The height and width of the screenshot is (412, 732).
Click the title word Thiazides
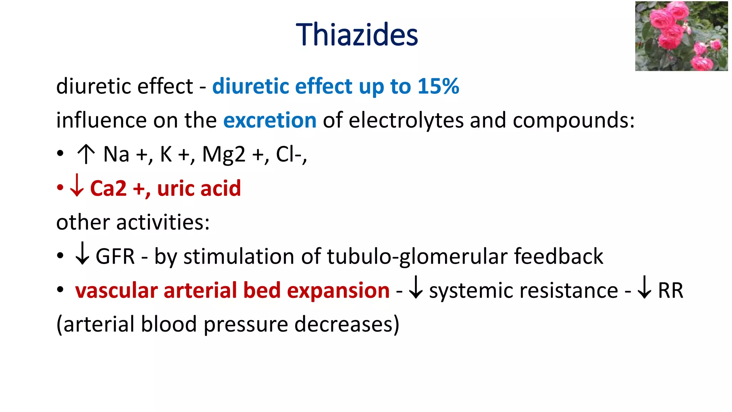357,35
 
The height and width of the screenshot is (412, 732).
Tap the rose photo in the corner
681,36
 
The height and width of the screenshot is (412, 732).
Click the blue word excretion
270,120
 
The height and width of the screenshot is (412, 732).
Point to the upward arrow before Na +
86,154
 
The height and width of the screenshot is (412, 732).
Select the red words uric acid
199,188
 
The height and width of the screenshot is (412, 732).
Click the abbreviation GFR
115,256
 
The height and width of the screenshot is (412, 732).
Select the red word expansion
338,290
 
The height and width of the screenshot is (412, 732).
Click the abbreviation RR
671,290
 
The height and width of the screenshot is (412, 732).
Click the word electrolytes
406,120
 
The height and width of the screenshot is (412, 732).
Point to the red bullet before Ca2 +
60,187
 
